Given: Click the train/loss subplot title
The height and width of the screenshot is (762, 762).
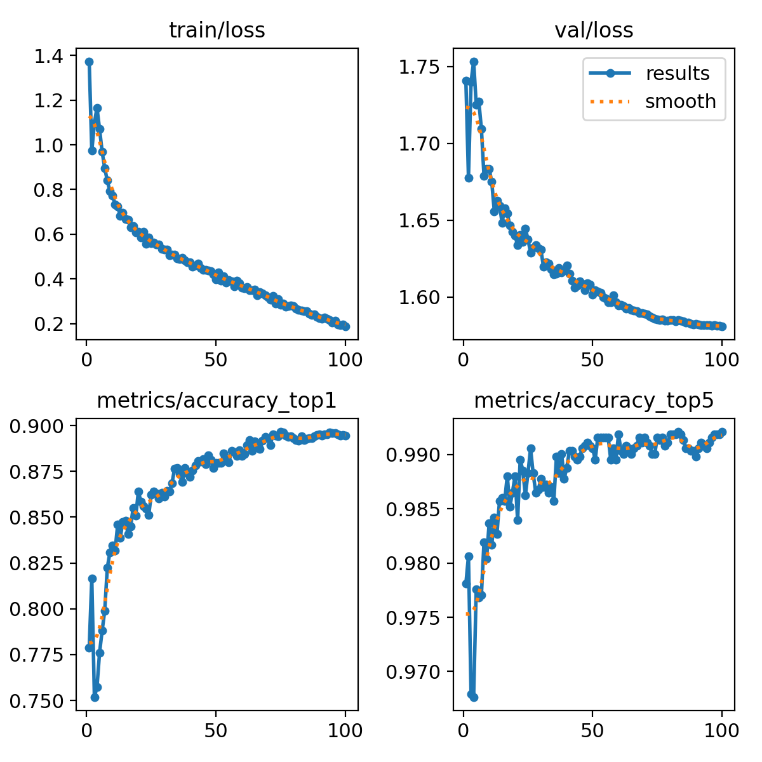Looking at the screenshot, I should [x=217, y=30].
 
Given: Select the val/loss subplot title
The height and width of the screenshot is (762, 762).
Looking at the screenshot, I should [x=594, y=30].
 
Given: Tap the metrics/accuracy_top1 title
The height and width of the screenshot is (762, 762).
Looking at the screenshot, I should [x=217, y=401].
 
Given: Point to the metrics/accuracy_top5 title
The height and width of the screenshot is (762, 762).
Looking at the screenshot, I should [x=594, y=401].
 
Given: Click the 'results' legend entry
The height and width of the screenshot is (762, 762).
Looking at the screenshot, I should [x=677, y=74].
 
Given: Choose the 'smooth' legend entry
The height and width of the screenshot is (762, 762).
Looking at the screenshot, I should [x=680, y=102].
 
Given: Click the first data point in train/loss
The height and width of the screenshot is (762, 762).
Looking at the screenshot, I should [x=90, y=62].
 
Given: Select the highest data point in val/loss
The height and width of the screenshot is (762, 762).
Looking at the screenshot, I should [x=474, y=62].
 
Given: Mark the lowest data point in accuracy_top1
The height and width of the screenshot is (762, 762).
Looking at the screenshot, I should [x=95, y=697].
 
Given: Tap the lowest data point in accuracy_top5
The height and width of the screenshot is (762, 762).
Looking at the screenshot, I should [x=474, y=697].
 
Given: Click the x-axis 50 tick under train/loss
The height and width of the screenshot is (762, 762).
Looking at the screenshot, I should [x=216, y=360].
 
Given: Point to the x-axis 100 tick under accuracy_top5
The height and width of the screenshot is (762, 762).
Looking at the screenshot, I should [x=722, y=731].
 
